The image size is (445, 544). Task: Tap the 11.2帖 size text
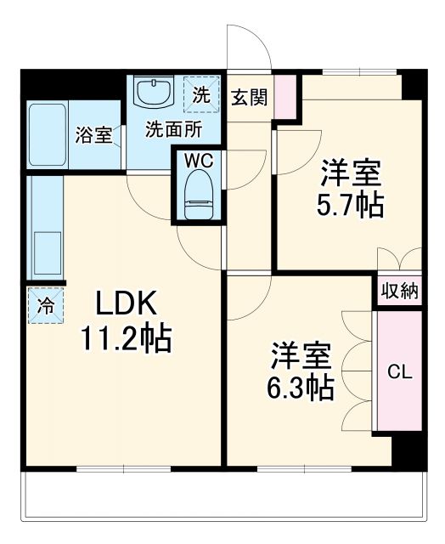(126, 339)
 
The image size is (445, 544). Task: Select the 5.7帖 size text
(351, 205)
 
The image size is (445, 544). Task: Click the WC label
(200, 159)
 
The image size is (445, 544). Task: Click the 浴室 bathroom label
(94, 134)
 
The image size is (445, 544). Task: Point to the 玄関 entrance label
(250, 96)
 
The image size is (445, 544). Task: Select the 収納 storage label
(399, 291)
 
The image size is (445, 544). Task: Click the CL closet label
(399, 371)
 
